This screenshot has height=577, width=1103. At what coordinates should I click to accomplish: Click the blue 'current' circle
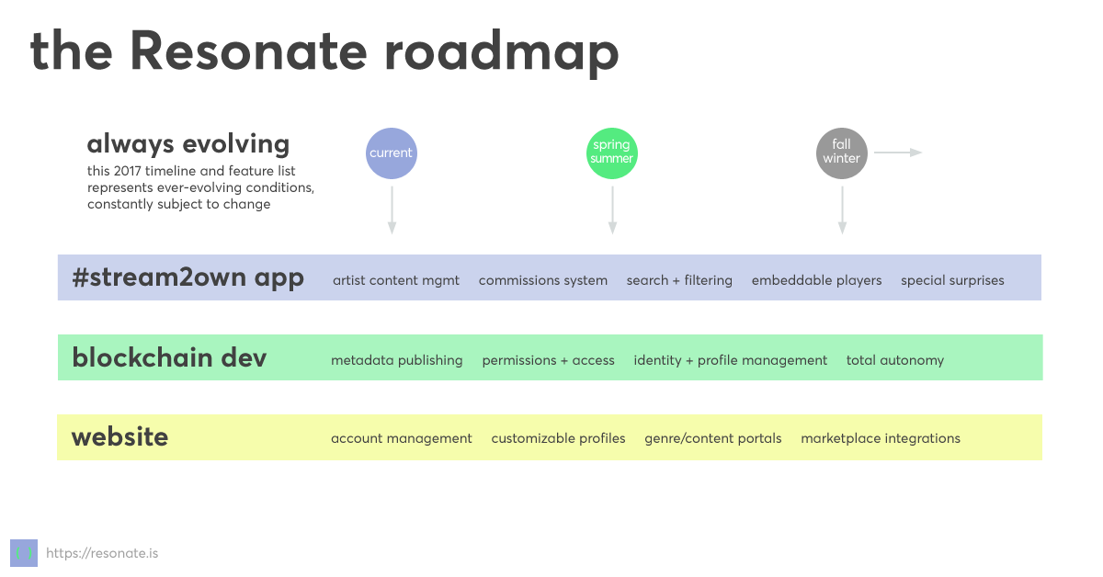(x=392, y=153)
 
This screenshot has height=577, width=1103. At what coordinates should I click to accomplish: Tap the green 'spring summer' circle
(x=612, y=153)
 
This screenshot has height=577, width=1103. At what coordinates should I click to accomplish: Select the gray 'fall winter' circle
(x=842, y=153)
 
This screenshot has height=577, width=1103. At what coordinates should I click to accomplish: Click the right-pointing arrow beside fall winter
(x=898, y=153)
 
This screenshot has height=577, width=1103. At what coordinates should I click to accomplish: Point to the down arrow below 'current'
(x=392, y=210)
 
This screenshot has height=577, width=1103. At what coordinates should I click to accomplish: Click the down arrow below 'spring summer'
(x=612, y=210)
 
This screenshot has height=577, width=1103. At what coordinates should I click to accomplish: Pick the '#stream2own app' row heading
(x=188, y=277)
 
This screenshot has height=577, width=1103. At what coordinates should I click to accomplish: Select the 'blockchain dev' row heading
(x=169, y=357)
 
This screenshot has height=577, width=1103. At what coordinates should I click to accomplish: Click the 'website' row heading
(x=119, y=437)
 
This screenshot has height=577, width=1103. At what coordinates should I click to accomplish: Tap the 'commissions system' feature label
(x=542, y=280)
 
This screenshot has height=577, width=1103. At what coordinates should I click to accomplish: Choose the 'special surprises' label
(x=952, y=280)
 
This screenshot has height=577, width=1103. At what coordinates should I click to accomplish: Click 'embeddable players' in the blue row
(x=816, y=280)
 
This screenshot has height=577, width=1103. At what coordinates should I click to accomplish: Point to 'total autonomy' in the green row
(x=895, y=360)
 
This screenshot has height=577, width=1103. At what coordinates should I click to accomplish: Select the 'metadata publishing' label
(x=397, y=360)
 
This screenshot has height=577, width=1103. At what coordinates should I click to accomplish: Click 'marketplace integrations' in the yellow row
(x=881, y=438)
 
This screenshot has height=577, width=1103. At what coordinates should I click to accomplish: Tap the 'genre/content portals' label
(x=713, y=438)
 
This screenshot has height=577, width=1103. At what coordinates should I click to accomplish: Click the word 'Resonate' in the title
(x=249, y=51)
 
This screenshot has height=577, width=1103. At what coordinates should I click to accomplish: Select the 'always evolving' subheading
(x=188, y=144)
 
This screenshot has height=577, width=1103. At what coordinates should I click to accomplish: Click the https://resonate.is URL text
(x=102, y=553)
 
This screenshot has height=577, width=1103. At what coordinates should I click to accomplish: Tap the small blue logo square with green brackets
(x=24, y=553)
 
